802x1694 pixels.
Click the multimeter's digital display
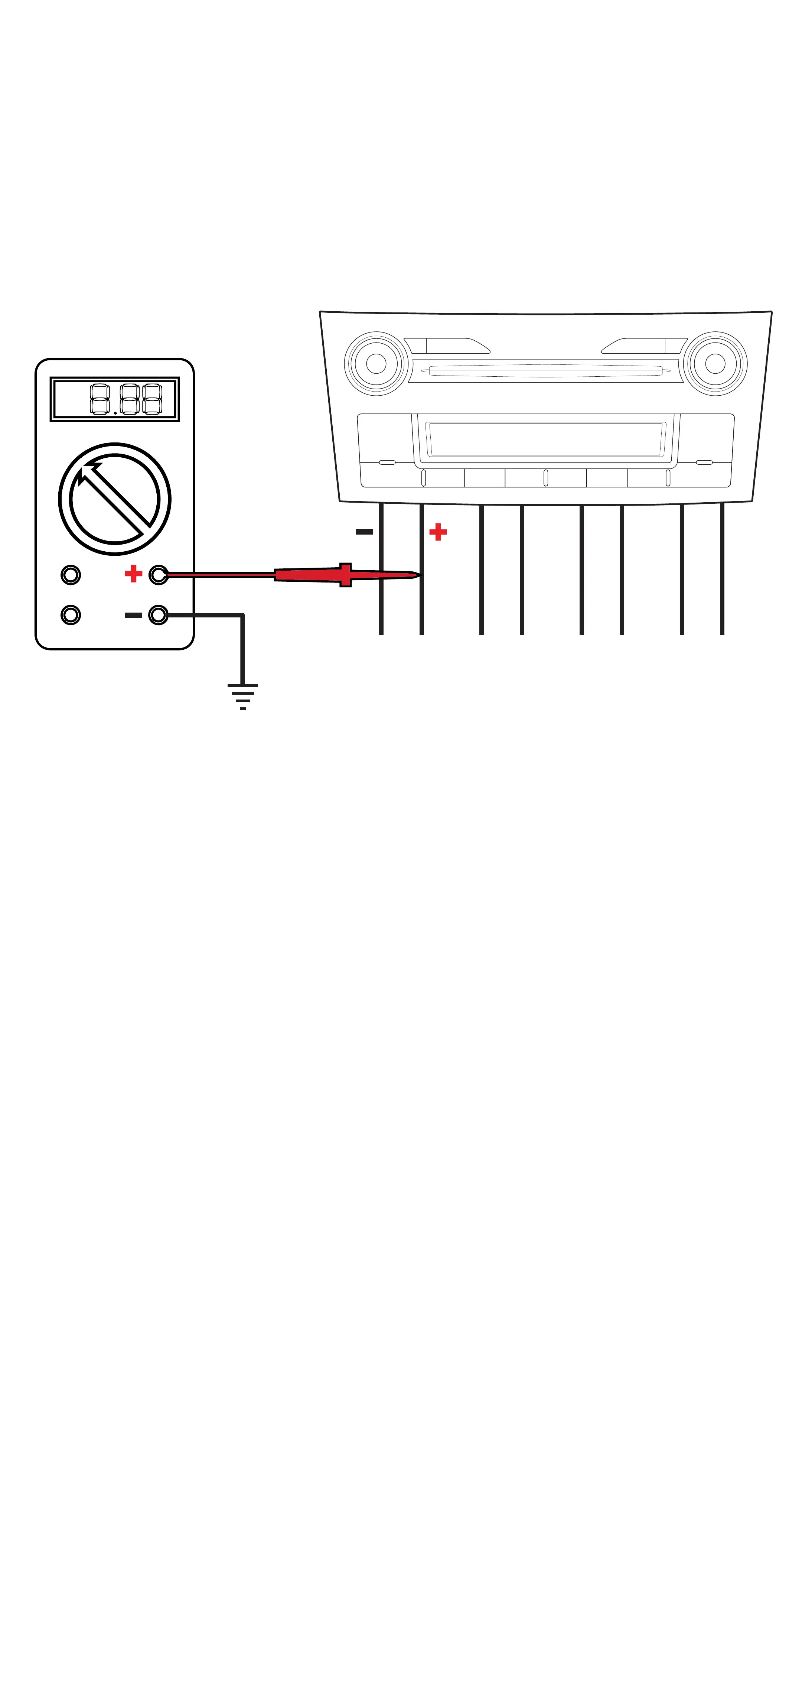(x=114, y=399)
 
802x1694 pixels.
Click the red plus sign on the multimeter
(x=133, y=574)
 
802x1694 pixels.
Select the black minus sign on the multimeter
(x=133, y=615)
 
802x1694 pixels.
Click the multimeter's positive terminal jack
(x=159, y=575)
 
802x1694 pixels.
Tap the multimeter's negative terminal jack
(x=159, y=615)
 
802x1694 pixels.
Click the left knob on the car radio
(x=376, y=364)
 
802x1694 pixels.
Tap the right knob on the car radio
(x=715, y=364)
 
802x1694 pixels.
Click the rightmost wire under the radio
(x=723, y=569)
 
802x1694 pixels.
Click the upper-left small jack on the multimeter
(x=71, y=575)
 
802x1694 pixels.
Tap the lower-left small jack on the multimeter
(x=71, y=615)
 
